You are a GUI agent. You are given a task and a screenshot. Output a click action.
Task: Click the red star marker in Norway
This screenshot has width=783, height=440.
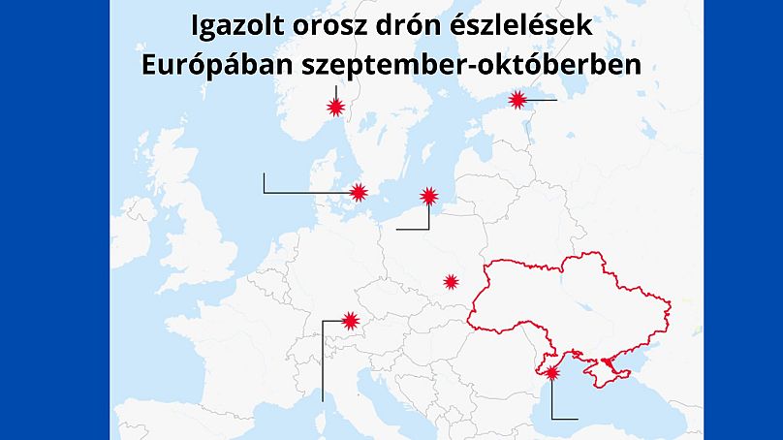tap(336, 107)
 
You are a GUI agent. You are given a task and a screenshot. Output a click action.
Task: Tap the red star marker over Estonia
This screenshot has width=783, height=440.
tap(517, 99)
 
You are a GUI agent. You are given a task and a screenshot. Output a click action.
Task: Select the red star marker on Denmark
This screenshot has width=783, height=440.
tap(359, 192)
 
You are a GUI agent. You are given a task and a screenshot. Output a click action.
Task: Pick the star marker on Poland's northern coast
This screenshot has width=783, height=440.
tap(429, 196)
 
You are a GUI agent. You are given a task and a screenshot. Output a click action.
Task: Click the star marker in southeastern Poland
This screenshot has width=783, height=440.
tap(451, 281)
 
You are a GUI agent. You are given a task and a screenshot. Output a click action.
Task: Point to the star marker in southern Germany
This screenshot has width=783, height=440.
tap(351, 320)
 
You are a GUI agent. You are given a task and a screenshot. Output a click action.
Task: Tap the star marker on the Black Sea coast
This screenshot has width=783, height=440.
tap(552, 372)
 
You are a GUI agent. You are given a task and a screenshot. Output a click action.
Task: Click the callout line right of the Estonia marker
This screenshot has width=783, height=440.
tap(543, 99)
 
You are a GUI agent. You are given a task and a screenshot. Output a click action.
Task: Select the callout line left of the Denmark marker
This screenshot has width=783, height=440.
tap(291, 192)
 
